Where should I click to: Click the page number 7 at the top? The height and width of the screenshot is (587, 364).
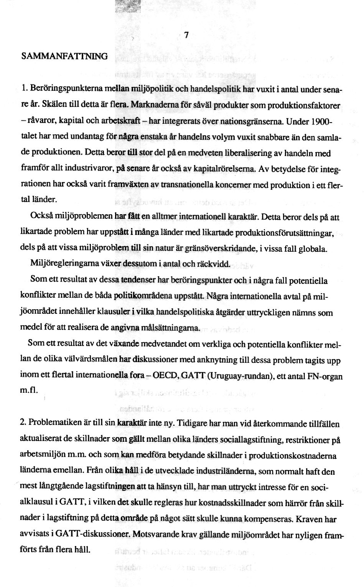[x=186, y=35]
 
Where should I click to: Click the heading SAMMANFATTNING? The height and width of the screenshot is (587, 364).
[x=64, y=56]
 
